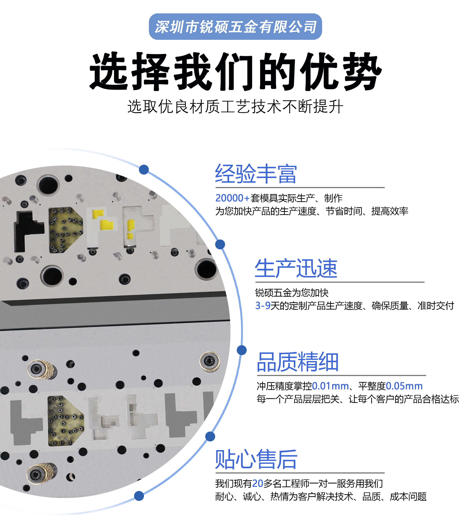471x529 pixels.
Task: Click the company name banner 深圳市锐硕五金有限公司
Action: click(235, 27)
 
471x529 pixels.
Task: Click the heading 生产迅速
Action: click(296, 269)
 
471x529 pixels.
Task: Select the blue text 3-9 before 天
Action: click(263, 306)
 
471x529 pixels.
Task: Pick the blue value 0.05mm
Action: click(404, 386)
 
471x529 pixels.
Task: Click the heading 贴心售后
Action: click(256, 460)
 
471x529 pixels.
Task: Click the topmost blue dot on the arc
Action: click(144, 170)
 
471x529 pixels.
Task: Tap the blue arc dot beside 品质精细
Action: click(242, 350)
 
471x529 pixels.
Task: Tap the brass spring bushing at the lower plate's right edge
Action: click(210, 362)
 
